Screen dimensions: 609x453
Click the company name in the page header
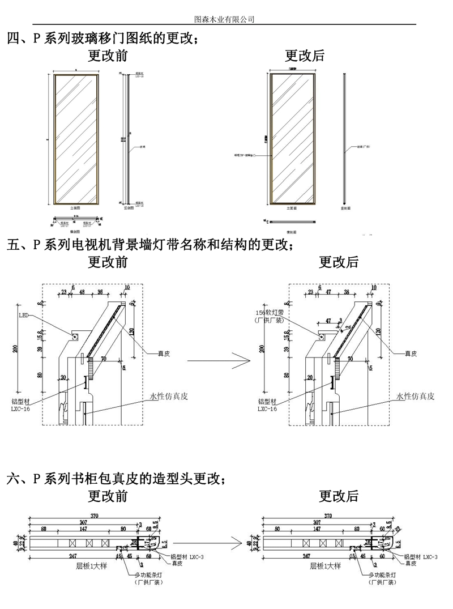click(224, 19)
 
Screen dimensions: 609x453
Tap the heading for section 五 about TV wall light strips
click(150, 245)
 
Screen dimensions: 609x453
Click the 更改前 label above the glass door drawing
click(108, 56)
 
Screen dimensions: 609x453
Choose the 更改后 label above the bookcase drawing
click(339, 496)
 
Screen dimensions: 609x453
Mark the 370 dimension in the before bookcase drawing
click(94, 516)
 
